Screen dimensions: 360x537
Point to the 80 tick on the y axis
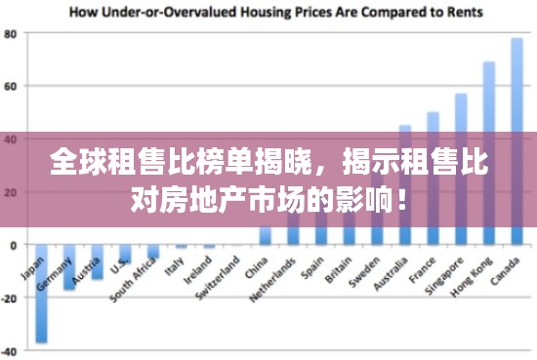coord(12,33)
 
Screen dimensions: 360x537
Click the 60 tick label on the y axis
coord(12,86)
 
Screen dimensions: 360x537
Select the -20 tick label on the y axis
coord(11,298)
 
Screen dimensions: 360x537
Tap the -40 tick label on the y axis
coord(11,350)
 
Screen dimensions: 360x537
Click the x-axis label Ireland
coord(201,273)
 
